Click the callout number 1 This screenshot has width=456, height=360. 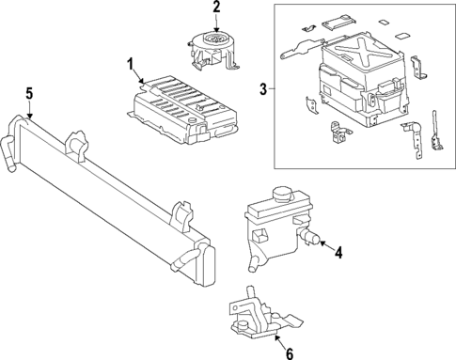click(x=131, y=64)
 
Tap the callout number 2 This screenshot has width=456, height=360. click(x=216, y=8)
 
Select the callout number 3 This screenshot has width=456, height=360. click(x=262, y=89)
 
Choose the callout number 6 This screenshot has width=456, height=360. click(x=289, y=352)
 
